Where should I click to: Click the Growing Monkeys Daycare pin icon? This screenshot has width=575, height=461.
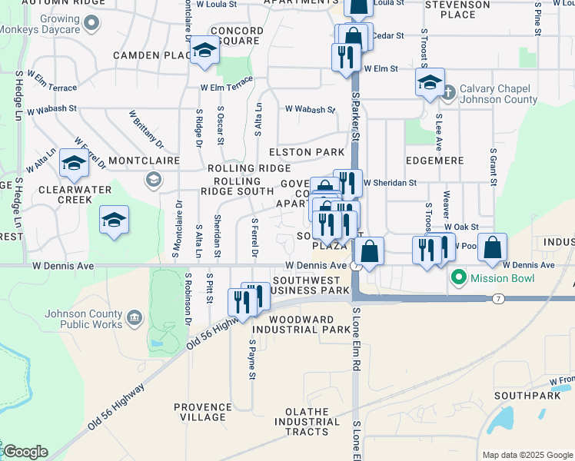pos(92,24)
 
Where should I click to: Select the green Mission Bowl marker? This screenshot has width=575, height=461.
pos(459,277)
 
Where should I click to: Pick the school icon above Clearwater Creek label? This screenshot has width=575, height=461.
pos(75,163)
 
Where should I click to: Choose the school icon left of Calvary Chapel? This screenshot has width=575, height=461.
pos(430,82)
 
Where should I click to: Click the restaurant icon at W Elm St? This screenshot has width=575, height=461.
pos(346,58)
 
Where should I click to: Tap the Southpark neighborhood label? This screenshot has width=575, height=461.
pos(520,396)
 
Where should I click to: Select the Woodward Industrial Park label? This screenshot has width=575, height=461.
pos(293,324)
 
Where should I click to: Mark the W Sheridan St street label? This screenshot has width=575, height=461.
pos(390,183)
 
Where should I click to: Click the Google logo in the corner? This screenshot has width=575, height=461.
pos(25,452)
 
